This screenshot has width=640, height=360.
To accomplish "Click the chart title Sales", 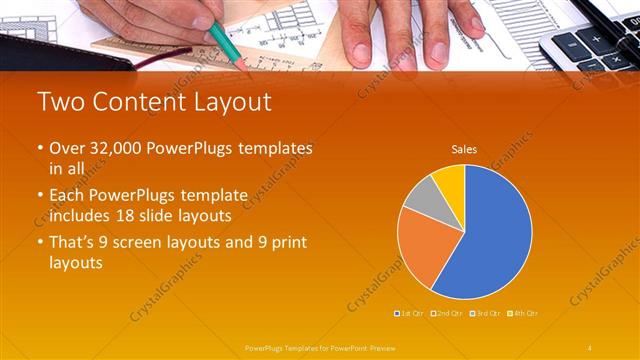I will pyautogui.click(x=464, y=150).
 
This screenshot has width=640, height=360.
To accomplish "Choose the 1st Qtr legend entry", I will pyautogui.click(x=411, y=313).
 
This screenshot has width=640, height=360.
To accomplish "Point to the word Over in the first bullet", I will pyautogui.click(x=66, y=148).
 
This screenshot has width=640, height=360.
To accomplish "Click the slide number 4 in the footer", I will pyautogui.click(x=590, y=347).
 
